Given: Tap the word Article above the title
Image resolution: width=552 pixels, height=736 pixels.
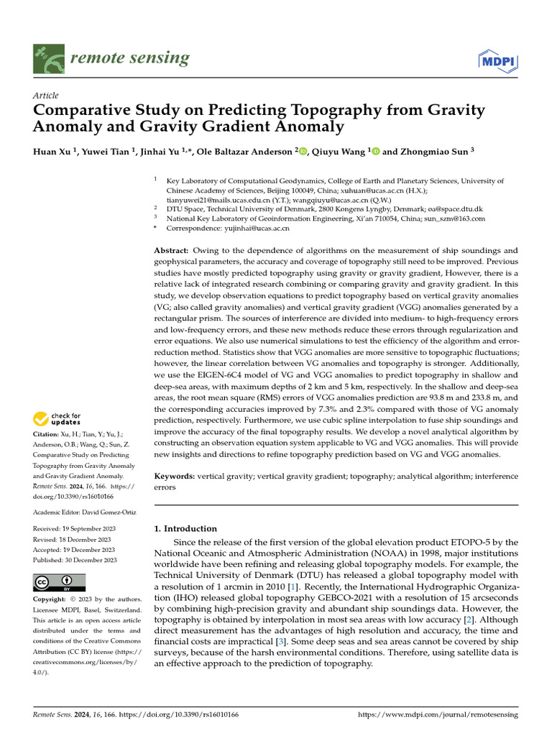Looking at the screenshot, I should [46, 96].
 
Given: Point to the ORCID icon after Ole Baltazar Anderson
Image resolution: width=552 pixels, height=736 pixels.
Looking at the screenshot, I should [302, 152].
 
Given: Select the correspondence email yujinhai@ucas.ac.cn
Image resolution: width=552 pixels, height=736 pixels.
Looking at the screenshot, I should [254, 228].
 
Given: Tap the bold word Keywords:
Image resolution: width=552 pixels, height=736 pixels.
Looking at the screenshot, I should [175, 476].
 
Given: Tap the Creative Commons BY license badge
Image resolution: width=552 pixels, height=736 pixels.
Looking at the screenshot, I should [60, 582].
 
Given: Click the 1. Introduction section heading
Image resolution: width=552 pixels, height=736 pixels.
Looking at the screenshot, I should [186, 529].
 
